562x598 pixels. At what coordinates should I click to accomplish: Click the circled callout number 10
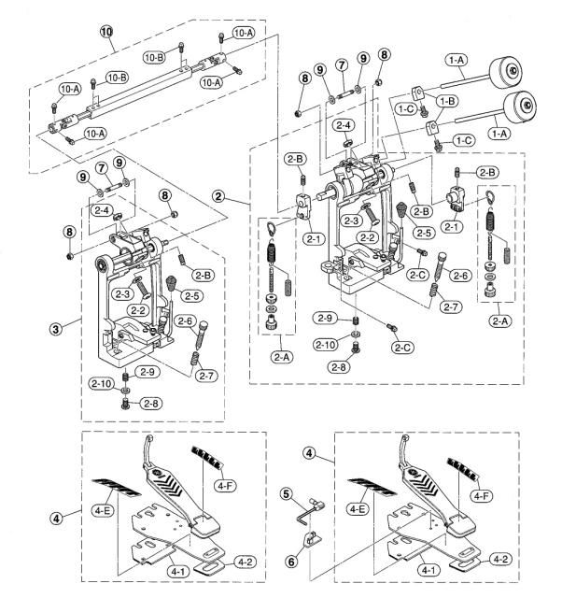[x=106, y=31]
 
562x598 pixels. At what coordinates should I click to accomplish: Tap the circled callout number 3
[x=56, y=329]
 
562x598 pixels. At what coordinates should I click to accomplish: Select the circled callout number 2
[x=218, y=196]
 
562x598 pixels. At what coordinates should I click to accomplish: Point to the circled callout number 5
[x=287, y=494]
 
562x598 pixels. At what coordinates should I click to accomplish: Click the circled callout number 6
[x=292, y=561]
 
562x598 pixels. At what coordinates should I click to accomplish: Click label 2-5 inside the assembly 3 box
[x=191, y=295]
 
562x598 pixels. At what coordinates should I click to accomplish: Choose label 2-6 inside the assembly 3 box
[x=185, y=321]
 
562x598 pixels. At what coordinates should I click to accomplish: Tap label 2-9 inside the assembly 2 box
[x=325, y=318]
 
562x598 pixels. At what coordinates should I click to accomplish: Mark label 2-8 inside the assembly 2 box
[x=339, y=367]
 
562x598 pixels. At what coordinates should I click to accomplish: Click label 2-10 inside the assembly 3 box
[x=102, y=383]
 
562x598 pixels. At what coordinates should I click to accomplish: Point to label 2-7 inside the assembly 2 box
[x=451, y=306]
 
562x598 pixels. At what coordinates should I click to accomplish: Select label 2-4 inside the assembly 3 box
[x=102, y=210]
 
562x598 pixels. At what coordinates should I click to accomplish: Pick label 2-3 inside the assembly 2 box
[x=351, y=221]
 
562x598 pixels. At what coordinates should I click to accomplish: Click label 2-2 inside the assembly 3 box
[x=137, y=310]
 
